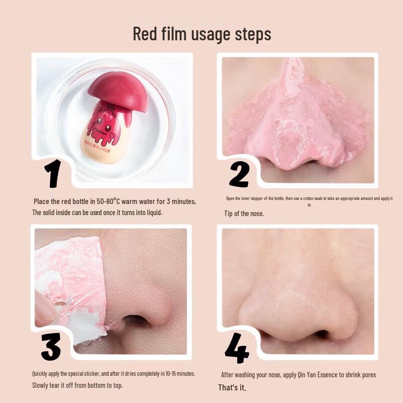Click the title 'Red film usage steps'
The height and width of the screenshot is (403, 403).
[201, 34]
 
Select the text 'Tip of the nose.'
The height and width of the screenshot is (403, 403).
[244, 214]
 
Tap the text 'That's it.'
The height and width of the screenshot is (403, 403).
[232, 388]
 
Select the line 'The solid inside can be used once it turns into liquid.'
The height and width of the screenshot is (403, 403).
[98, 213]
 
